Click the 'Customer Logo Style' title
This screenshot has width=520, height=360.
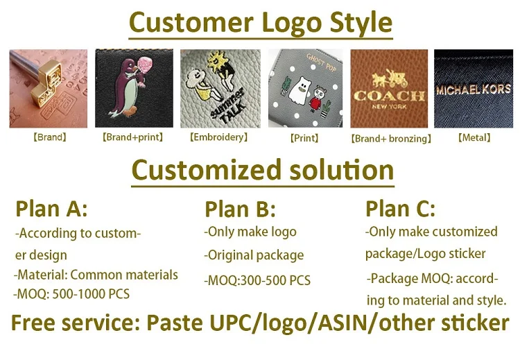[x=260, y=22]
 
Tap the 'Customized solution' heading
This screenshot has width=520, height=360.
[x=262, y=170]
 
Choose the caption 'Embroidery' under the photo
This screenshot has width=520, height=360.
[x=218, y=137]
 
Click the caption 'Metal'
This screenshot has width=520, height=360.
[x=474, y=138]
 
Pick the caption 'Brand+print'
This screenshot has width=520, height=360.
[x=133, y=137]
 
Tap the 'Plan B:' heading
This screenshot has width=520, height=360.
[x=240, y=209]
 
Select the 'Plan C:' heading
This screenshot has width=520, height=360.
[x=400, y=208]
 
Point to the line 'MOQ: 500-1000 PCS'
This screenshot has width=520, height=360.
[x=71, y=293]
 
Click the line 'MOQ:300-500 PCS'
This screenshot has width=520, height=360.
[x=257, y=281]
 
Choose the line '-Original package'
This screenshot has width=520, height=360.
[x=254, y=255]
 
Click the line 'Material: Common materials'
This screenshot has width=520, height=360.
[x=96, y=275]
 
